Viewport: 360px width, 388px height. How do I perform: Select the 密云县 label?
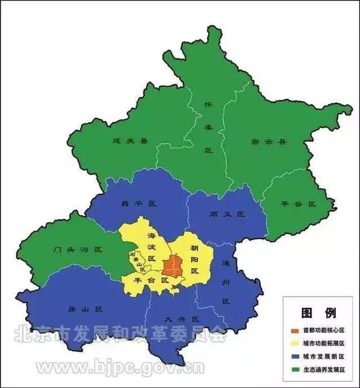click(x=268, y=142)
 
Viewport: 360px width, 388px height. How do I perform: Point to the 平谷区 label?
click(x=298, y=204)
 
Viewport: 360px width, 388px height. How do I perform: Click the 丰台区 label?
click(x=151, y=279)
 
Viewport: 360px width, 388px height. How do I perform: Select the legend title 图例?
click(x=318, y=312)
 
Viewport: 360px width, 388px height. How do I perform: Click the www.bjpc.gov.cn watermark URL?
click(x=120, y=368)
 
